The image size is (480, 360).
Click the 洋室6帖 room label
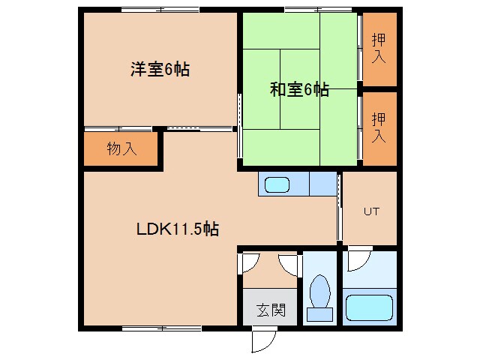point(160,70)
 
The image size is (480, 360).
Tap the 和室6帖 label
point(299,90)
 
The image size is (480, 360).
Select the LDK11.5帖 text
point(178,229)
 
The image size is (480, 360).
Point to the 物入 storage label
point(122,148)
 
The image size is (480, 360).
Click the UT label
point(371,211)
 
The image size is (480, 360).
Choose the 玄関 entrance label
point(270,309)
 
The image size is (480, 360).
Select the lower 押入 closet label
point(379,127)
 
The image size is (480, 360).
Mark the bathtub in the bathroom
point(368,307)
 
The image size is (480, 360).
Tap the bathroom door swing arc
point(358,258)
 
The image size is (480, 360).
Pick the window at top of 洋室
point(160,10)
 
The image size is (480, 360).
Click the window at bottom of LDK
point(160,328)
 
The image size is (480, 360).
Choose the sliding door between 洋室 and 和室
point(239,124)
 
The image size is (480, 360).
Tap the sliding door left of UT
point(340,208)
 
